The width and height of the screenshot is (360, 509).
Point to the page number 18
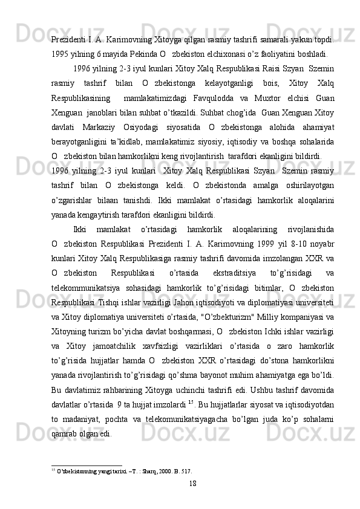click(192, 482)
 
